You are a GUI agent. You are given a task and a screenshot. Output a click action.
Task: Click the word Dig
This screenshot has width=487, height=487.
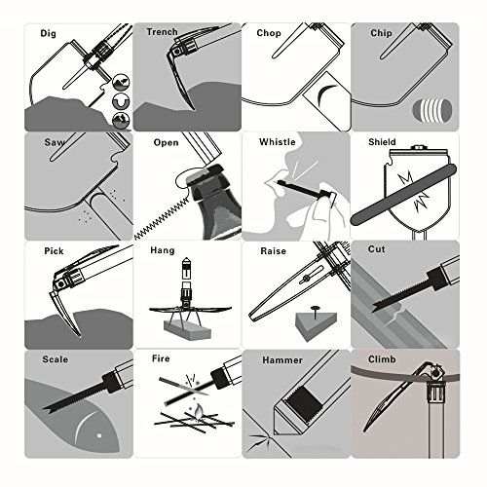coord(48,33)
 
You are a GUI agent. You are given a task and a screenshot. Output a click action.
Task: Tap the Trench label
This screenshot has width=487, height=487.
coord(162,32)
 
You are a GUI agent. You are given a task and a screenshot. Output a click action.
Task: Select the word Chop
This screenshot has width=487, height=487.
coord(269,33)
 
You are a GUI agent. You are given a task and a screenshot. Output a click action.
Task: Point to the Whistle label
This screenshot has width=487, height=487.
coord(278,142)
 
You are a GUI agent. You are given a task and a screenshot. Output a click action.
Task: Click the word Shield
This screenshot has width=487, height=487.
coord(382,142)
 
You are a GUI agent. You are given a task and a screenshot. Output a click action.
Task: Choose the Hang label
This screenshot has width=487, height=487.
coord(163,250)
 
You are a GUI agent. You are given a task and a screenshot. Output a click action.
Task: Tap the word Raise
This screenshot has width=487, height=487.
coord(274,251)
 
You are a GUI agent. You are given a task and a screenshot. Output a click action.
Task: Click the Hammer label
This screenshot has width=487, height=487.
coord(282,360)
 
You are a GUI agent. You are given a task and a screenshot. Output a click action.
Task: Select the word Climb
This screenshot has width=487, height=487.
coord(382,359)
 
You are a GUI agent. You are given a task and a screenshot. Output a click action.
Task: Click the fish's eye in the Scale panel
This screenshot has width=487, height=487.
coord(99,435)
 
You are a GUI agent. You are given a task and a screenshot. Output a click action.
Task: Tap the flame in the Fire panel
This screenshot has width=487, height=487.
coord(198,411)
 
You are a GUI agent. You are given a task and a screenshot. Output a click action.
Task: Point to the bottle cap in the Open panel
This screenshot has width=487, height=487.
coord(208,172)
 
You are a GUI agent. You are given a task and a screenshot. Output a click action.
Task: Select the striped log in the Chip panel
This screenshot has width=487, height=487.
coord(432,109)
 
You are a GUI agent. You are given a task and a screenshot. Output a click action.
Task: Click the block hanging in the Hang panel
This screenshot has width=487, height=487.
coord(187,330)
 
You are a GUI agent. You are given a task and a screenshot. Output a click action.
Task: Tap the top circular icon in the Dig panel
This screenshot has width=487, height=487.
coord(121,82)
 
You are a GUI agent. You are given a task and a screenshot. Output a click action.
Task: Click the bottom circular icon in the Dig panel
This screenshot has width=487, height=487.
coord(121,120)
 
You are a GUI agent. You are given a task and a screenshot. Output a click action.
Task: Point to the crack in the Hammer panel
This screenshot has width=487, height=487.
coord(259,442)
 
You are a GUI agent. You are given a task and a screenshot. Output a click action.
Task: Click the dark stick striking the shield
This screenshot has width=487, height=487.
coord(403,195)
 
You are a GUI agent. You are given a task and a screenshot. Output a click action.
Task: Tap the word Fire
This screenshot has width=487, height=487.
coord(161,358)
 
